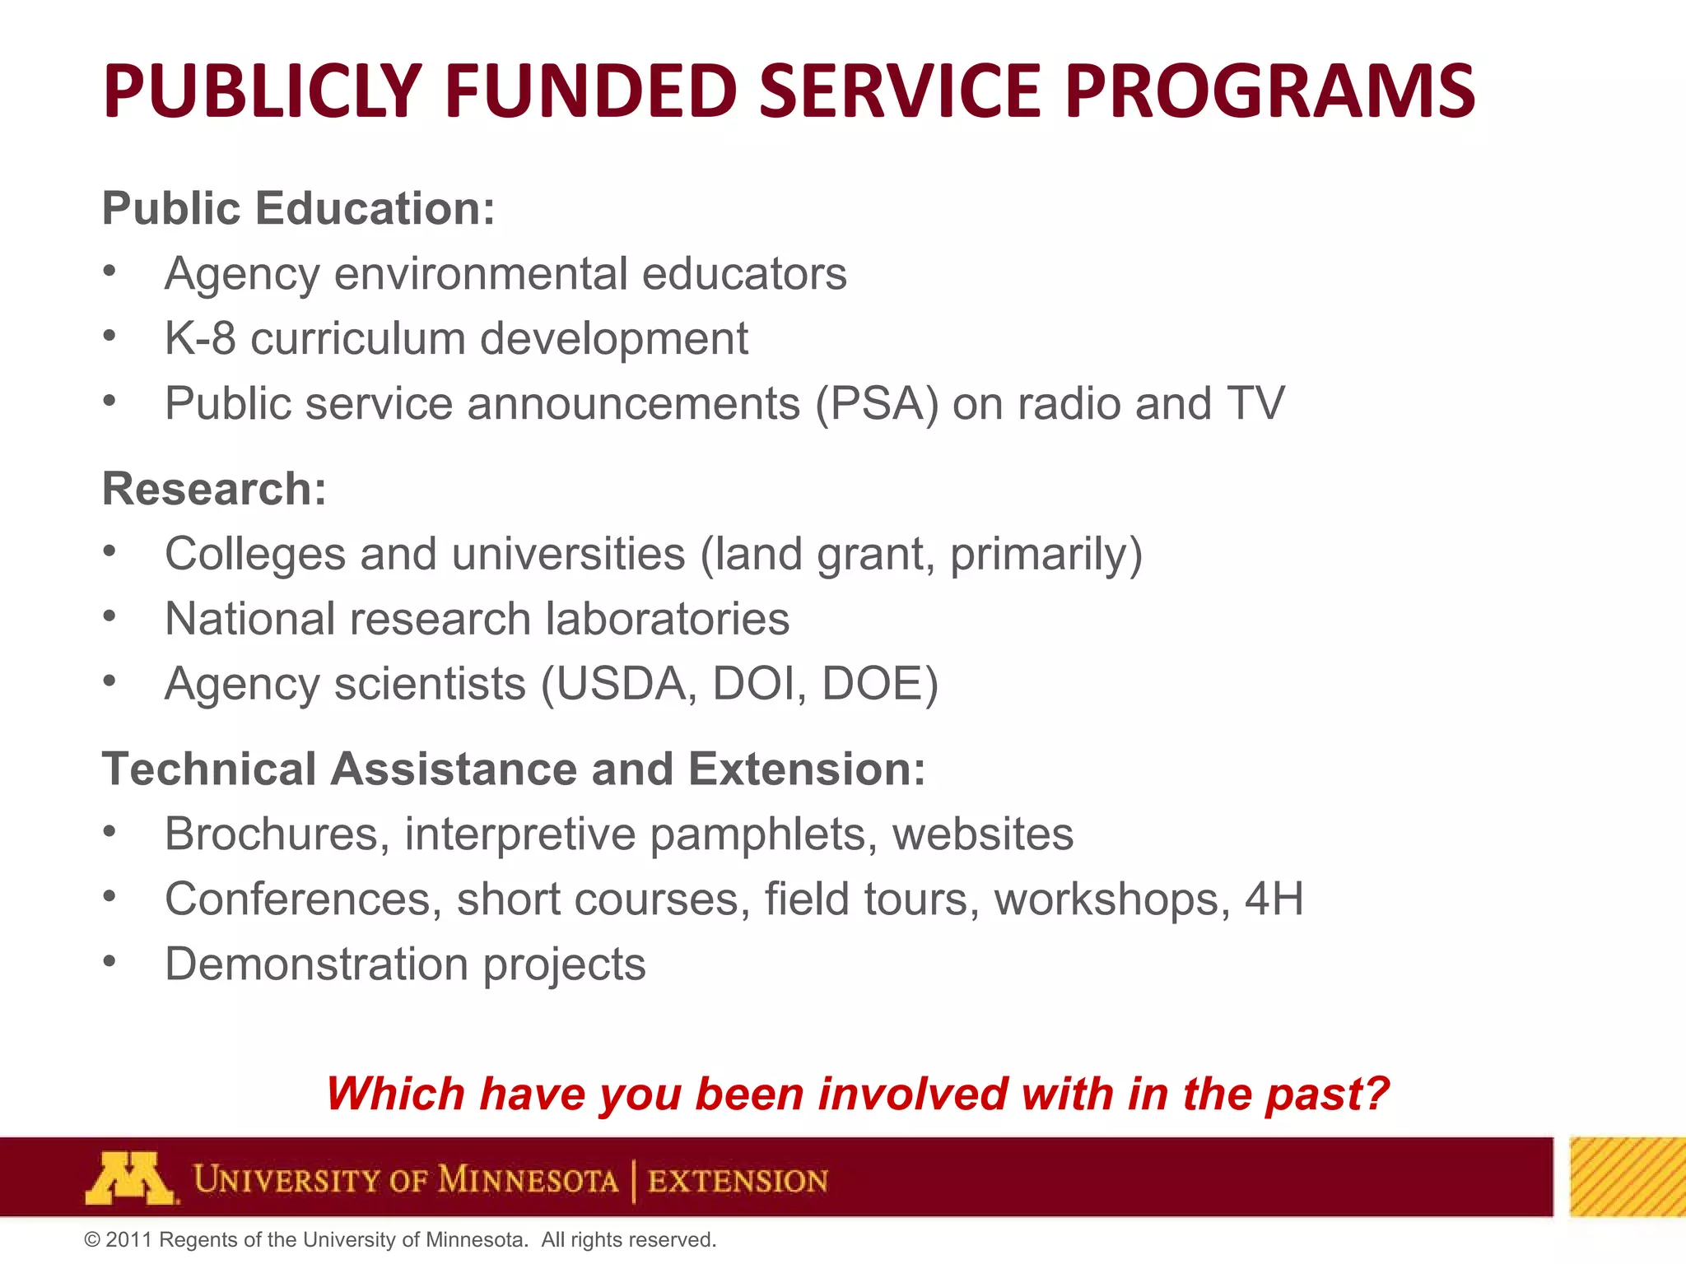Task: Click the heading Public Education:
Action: (x=298, y=208)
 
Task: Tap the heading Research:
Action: (x=214, y=489)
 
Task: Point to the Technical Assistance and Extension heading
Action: (x=513, y=769)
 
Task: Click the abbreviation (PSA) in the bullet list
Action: (x=876, y=404)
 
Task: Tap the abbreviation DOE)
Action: (x=880, y=684)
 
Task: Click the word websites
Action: (x=983, y=834)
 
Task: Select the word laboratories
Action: (x=667, y=619)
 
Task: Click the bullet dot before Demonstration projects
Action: (x=109, y=960)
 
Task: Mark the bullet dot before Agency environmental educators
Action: (x=109, y=270)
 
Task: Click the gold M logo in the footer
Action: (x=129, y=1178)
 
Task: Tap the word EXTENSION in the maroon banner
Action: (x=738, y=1181)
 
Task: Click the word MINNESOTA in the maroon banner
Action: (x=527, y=1180)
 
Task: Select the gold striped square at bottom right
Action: (x=1627, y=1177)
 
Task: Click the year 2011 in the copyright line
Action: (x=128, y=1240)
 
